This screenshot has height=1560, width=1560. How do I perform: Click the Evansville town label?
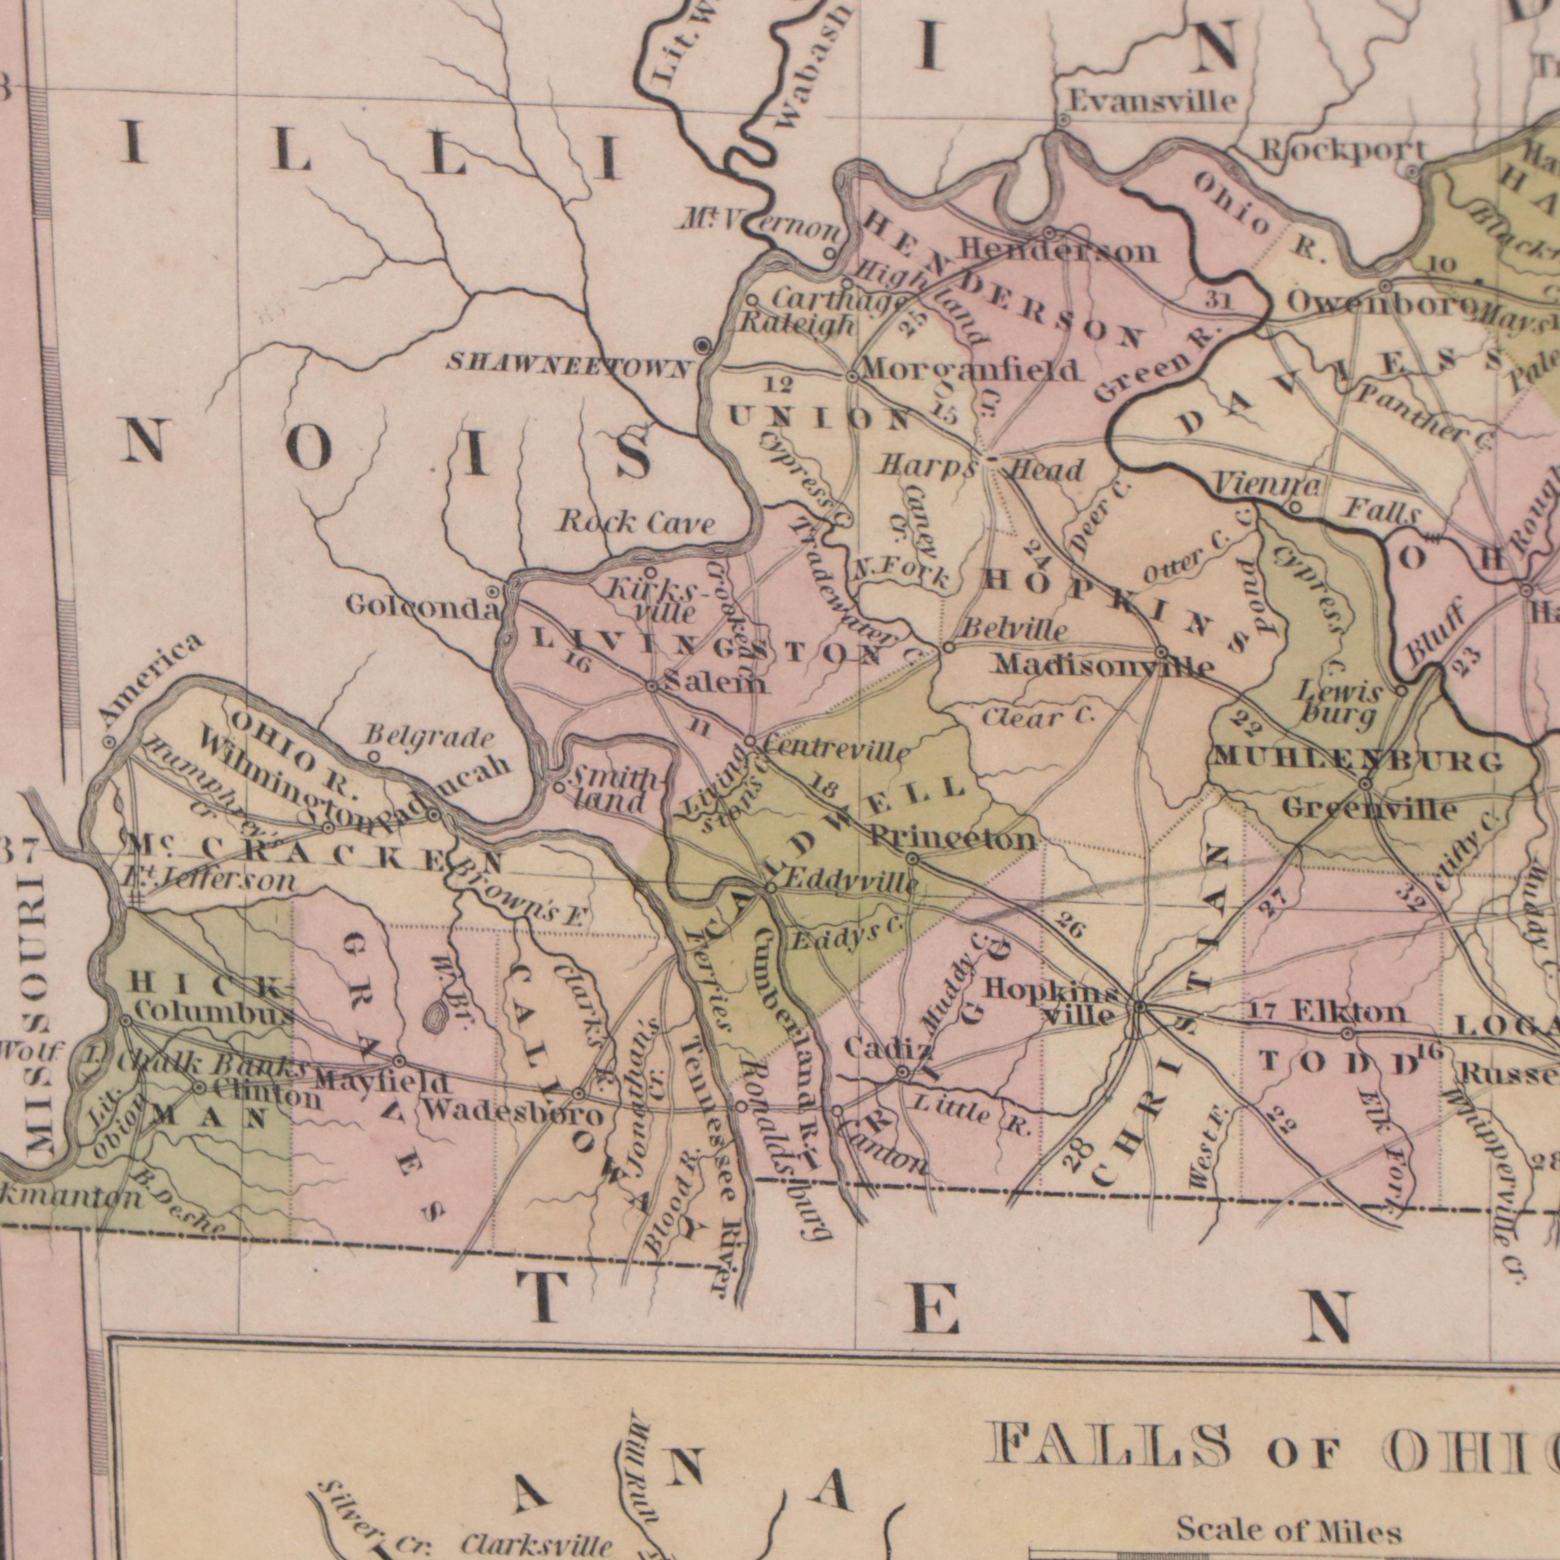coord(1152,102)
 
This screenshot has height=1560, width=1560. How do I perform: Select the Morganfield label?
coord(971,370)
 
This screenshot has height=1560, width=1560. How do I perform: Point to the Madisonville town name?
coord(1103,665)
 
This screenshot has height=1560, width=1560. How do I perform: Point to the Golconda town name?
coord(420,606)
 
